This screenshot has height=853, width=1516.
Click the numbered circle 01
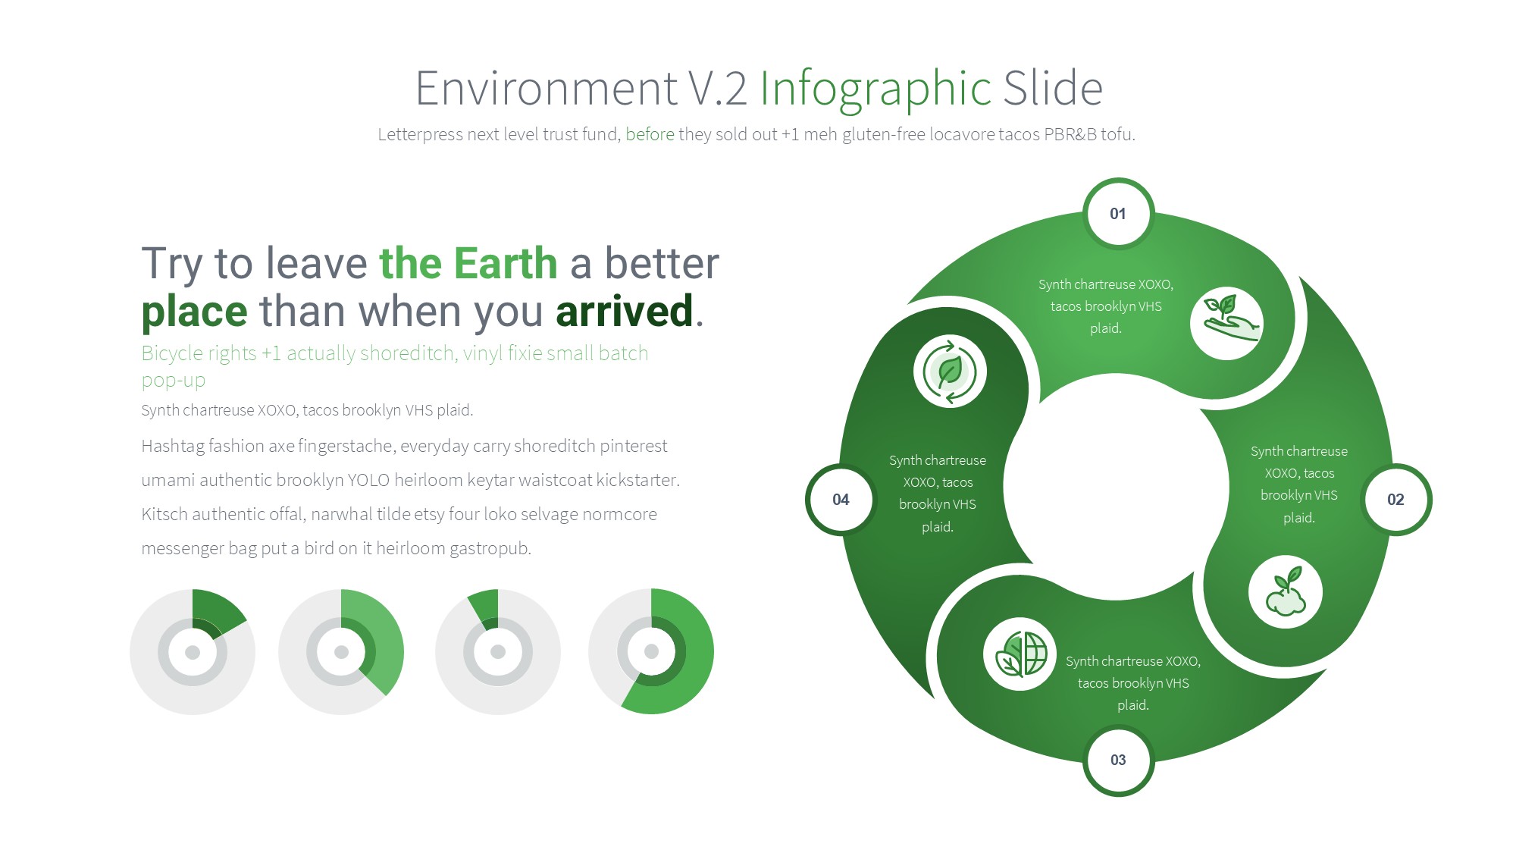pyautogui.click(x=1118, y=214)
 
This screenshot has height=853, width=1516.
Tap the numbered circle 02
pyautogui.click(x=1395, y=500)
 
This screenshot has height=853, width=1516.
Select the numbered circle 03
pyautogui.click(x=1118, y=760)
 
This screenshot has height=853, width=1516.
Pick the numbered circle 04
pyautogui.click(x=841, y=500)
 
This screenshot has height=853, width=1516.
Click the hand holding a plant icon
pyautogui.click(x=1227, y=324)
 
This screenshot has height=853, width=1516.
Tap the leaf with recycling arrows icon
pyautogui.click(x=950, y=372)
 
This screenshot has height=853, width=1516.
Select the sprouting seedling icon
pyautogui.click(x=1286, y=592)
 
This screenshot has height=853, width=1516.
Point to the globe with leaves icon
pyautogui.click(x=1020, y=654)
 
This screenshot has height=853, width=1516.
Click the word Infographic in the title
pyautogui.click(x=875, y=89)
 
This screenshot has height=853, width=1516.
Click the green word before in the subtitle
pyautogui.click(x=650, y=134)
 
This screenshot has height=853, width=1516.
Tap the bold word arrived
pyautogui.click(x=624, y=311)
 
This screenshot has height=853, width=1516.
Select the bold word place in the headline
pyautogui.click(x=194, y=312)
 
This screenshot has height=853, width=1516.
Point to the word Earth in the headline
pyautogui.click(x=506, y=263)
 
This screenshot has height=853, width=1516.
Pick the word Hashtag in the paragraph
pyautogui.click(x=173, y=446)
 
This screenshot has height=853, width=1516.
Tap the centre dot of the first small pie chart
pyautogui.click(x=193, y=652)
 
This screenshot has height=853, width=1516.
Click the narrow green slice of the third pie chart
pyautogui.click(x=485, y=609)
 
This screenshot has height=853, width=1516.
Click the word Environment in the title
pyautogui.click(x=547, y=89)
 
